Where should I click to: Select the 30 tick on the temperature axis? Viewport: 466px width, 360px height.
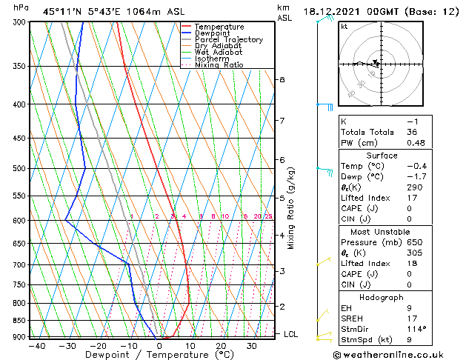[x=252, y=346]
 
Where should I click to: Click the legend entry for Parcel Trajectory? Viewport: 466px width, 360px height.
[x=228, y=40]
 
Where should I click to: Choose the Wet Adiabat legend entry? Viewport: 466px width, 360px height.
[x=219, y=53]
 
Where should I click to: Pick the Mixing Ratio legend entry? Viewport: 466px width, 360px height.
[x=219, y=65]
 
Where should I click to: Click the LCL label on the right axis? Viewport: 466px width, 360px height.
[x=291, y=334]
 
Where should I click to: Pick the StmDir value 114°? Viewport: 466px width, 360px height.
[x=418, y=329]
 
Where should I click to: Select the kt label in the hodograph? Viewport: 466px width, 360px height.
[x=344, y=27]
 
